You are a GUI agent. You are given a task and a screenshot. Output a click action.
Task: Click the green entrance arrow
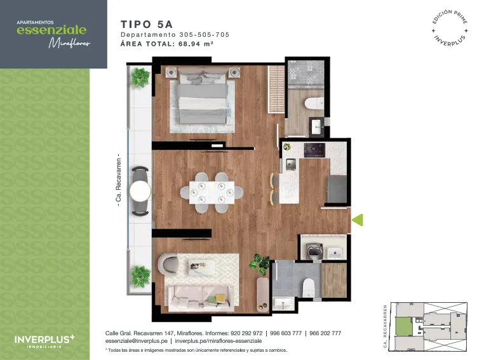(358, 220)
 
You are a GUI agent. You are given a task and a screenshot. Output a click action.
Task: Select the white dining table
(212, 192)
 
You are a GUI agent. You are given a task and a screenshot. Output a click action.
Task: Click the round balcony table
(140, 191)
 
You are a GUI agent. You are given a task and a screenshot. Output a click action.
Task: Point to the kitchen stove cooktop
(314, 150)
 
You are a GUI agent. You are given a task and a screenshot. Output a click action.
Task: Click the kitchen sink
(291, 164)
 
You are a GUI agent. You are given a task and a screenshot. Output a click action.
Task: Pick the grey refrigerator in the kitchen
(337, 189)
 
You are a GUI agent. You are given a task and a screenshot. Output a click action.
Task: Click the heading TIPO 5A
(147, 24)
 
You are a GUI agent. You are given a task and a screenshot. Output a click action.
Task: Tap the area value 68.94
(189, 44)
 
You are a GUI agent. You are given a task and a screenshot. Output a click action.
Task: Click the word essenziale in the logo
(51, 30)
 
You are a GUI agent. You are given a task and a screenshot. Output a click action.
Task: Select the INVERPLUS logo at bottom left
(44, 341)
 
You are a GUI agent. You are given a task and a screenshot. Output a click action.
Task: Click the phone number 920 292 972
(246, 333)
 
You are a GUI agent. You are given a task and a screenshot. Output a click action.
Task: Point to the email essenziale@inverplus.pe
(137, 341)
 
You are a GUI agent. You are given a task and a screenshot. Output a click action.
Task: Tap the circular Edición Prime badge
(450, 28)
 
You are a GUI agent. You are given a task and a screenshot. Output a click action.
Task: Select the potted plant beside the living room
(260, 264)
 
